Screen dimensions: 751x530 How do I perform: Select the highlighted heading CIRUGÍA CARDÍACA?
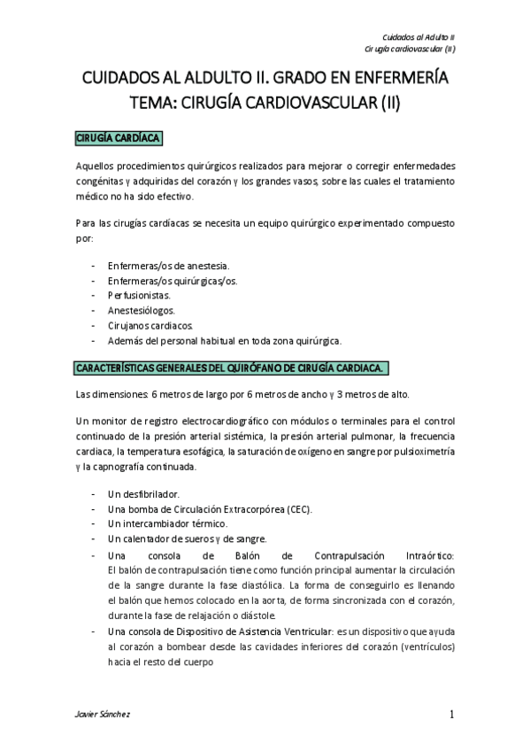pyautogui.click(x=117, y=139)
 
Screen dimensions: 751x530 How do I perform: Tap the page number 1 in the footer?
pyautogui.click(x=451, y=715)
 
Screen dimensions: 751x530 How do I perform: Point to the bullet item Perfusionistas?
pyautogui.click(x=139, y=295)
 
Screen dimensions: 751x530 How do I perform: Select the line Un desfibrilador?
pyautogui.click(x=143, y=492)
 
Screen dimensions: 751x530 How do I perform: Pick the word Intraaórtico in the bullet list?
pyautogui.click(x=426, y=554)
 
